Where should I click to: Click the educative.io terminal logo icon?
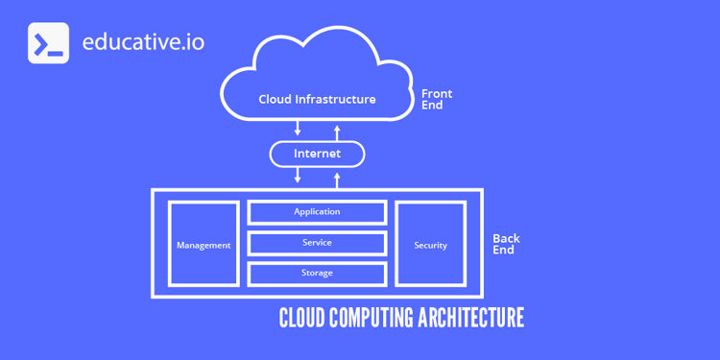[x=48, y=43]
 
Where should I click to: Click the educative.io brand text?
[x=143, y=42]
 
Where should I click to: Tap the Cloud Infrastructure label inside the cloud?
[x=317, y=99]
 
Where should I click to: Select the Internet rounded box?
[x=317, y=154]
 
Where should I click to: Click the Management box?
[x=204, y=245]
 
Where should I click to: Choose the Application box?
[x=317, y=212]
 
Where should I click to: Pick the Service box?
[x=317, y=243]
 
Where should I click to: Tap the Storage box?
[x=317, y=274]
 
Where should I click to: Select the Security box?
[x=430, y=245]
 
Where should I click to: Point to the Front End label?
[x=437, y=100]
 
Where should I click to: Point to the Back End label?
[x=505, y=244]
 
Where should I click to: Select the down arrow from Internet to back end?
[x=299, y=175]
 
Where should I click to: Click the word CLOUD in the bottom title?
[x=301, y=318]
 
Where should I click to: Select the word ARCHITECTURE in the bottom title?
[x=471, y=318]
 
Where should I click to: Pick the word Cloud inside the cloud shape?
[x=275, y=99]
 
